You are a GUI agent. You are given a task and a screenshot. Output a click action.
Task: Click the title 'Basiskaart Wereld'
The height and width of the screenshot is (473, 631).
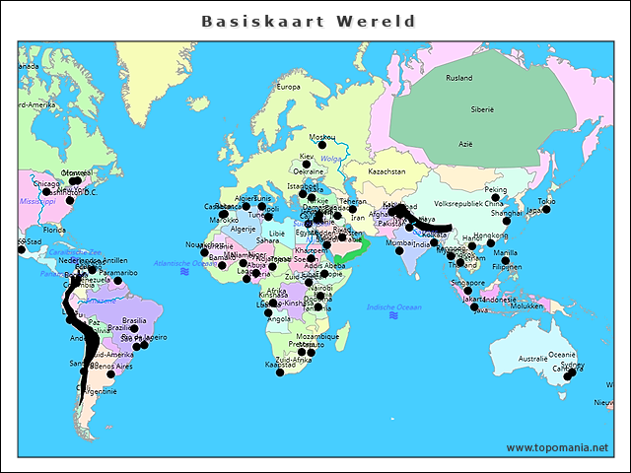(309, 21)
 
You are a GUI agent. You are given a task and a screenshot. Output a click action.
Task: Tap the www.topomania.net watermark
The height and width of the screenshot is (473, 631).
(557, 447)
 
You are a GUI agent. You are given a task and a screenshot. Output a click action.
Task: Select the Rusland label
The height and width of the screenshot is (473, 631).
(459, 78)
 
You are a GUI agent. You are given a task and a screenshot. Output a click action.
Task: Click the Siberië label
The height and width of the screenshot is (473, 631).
(481, 109)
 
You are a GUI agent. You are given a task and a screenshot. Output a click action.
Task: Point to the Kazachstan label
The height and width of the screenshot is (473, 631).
(386, 171)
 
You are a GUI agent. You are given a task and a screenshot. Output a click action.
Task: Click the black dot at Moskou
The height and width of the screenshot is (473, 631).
(321, 145)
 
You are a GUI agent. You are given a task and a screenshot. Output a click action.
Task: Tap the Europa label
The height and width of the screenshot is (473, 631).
(288, 87)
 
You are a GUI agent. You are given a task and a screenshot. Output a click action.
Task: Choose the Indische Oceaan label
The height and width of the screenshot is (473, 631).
(393, 307)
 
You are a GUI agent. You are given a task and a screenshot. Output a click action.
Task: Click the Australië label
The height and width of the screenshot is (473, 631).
(532, 359)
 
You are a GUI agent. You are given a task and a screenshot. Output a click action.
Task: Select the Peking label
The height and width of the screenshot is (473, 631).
(496, 189)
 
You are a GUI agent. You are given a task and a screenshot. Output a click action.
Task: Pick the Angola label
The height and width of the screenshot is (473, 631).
(279, 318)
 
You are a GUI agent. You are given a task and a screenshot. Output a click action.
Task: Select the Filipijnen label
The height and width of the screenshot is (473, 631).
(506, 266)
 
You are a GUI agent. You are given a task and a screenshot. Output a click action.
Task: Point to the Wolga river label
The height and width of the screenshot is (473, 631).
(330, 158)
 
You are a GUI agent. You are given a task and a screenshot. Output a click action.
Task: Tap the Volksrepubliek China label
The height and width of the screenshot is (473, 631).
(468, 204)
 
